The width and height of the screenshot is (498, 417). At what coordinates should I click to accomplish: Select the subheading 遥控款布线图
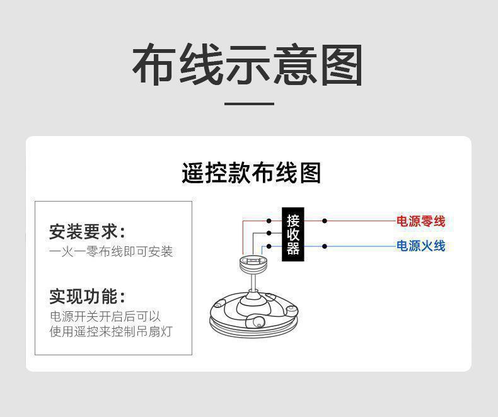click(x=251, y=173)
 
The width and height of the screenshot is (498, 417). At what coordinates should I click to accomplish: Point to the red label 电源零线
click(x=420, y=222)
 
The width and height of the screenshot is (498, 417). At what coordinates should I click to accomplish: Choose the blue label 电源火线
click(x=420, y=246)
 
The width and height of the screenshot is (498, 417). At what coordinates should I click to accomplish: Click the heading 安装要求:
click(x=87, y=231)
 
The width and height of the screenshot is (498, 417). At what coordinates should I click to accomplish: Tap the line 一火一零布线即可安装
click(x=111, y=252)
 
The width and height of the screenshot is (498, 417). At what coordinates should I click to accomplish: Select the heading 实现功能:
click(x=87, y=296)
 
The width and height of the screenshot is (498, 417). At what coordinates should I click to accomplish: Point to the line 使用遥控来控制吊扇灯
click(x=111, y=331)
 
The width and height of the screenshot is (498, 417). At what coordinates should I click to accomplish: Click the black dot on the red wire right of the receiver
click(x=325, y=221)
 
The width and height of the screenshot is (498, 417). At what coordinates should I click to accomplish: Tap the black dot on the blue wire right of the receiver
click(x=325, y=246)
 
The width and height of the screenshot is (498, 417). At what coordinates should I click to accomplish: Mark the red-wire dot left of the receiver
click(x=269, y=221)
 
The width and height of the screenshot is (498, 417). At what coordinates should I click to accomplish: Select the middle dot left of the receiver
click(x=269, y=233)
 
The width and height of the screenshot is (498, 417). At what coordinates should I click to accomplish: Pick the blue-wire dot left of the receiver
click(x=269, y=246)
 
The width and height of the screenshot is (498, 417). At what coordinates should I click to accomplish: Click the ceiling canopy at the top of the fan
click(x=253, y=261)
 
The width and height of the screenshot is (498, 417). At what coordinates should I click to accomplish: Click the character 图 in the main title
click(x=341, y=65)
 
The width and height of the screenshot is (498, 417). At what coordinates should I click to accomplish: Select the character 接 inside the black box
click(x=292, y=220)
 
